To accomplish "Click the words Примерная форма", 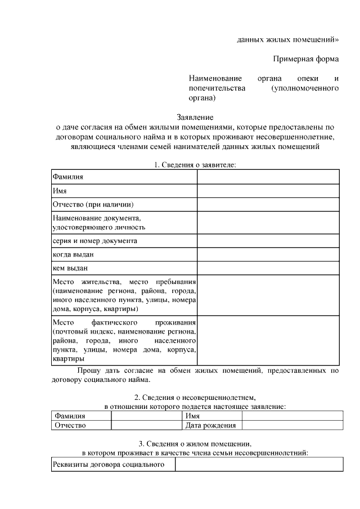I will [x=306, y=58].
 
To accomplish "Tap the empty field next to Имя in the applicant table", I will [x=268, y=191].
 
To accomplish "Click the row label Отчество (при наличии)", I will [x=93, y=205].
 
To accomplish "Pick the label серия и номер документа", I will [x=95, y=241].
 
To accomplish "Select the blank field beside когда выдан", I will [x=268, y=254].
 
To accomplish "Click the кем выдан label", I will [x=70, y=268].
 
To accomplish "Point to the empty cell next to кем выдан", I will [x=268, y=268].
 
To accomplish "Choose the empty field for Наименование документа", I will [x=268, y=222].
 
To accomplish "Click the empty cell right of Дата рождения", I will [x=289, y=425].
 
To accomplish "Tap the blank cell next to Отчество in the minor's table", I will [x=146, y=425].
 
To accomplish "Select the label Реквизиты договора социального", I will [x=107, y=465].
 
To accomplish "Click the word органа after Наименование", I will [x=269, y=78].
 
